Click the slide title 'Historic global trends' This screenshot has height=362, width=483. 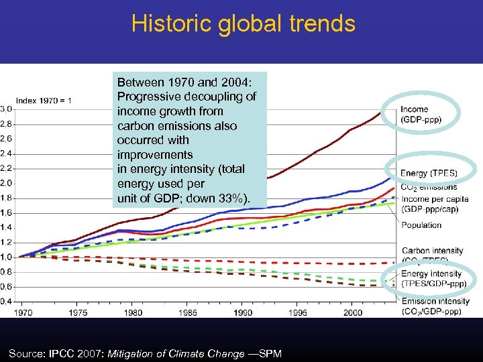pos(243,23)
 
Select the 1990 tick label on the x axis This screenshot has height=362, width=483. pos(243,312)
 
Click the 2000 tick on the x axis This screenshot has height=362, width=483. pos(353,312)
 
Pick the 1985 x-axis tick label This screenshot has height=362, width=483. pos(188,312)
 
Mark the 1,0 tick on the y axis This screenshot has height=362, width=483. pos(5,257)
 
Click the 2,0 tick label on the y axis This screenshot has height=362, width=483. pos(5,183)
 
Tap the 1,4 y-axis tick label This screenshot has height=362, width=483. pos(5,227)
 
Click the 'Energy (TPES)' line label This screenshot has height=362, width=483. pos(429,174)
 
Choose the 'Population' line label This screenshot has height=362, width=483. pos(421,225)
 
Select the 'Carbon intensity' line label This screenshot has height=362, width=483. pos(432,251)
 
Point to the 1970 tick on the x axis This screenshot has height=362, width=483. pos(23,312)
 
